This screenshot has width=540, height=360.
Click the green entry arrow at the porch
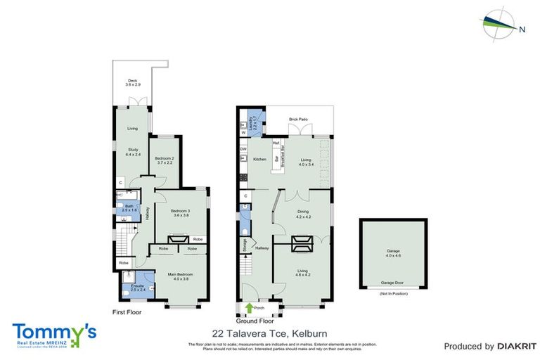(249, 307)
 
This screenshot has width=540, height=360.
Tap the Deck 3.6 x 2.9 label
(133, 82)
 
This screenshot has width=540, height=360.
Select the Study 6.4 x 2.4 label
(133, 150)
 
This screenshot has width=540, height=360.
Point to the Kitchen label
(259, 160)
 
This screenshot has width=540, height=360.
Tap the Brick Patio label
(298, 120)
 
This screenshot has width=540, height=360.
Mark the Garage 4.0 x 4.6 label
(392, 252)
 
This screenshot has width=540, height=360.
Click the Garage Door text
(392, 283)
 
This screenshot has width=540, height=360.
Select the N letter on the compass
(522, 30)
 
